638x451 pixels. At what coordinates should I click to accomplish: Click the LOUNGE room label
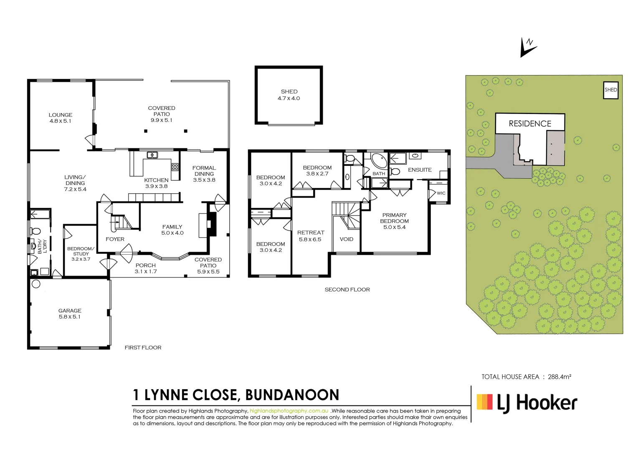61,118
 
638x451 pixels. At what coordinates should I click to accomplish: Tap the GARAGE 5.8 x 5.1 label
70,314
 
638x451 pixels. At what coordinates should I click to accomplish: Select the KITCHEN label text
156,183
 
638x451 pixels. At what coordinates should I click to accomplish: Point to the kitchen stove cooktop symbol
175,167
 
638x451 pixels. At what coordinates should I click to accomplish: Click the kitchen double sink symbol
152,155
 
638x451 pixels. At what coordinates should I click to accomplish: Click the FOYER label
115,239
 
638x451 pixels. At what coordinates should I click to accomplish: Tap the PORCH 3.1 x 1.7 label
146,268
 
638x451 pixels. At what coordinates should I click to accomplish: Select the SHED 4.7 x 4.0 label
289,95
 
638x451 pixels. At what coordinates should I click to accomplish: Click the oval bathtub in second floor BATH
379,161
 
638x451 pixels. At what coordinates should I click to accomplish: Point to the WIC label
441,193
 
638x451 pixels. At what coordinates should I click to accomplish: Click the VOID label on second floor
347,239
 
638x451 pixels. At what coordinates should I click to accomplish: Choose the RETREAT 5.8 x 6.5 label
311,236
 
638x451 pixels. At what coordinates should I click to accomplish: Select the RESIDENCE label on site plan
530,124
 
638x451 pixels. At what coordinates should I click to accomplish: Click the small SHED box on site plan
610,90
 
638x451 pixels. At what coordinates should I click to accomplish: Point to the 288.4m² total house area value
560,377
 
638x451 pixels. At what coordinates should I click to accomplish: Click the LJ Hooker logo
527,403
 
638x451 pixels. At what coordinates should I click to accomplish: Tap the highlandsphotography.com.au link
289,411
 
